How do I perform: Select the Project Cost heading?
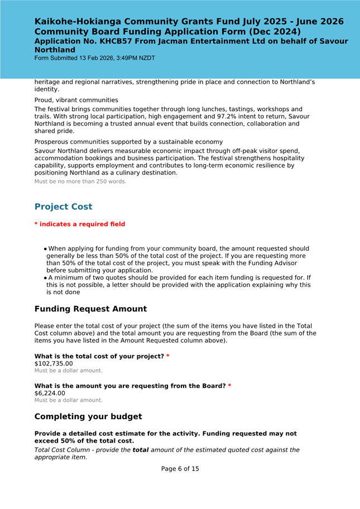63,207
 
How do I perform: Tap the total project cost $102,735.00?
54,363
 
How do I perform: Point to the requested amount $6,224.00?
50,393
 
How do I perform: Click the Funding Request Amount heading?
90,309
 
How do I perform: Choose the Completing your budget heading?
88,416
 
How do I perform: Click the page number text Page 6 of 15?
180,469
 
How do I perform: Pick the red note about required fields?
80,224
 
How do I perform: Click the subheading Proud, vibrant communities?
76,100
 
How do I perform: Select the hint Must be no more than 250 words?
80,181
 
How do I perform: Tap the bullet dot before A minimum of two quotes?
45,277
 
